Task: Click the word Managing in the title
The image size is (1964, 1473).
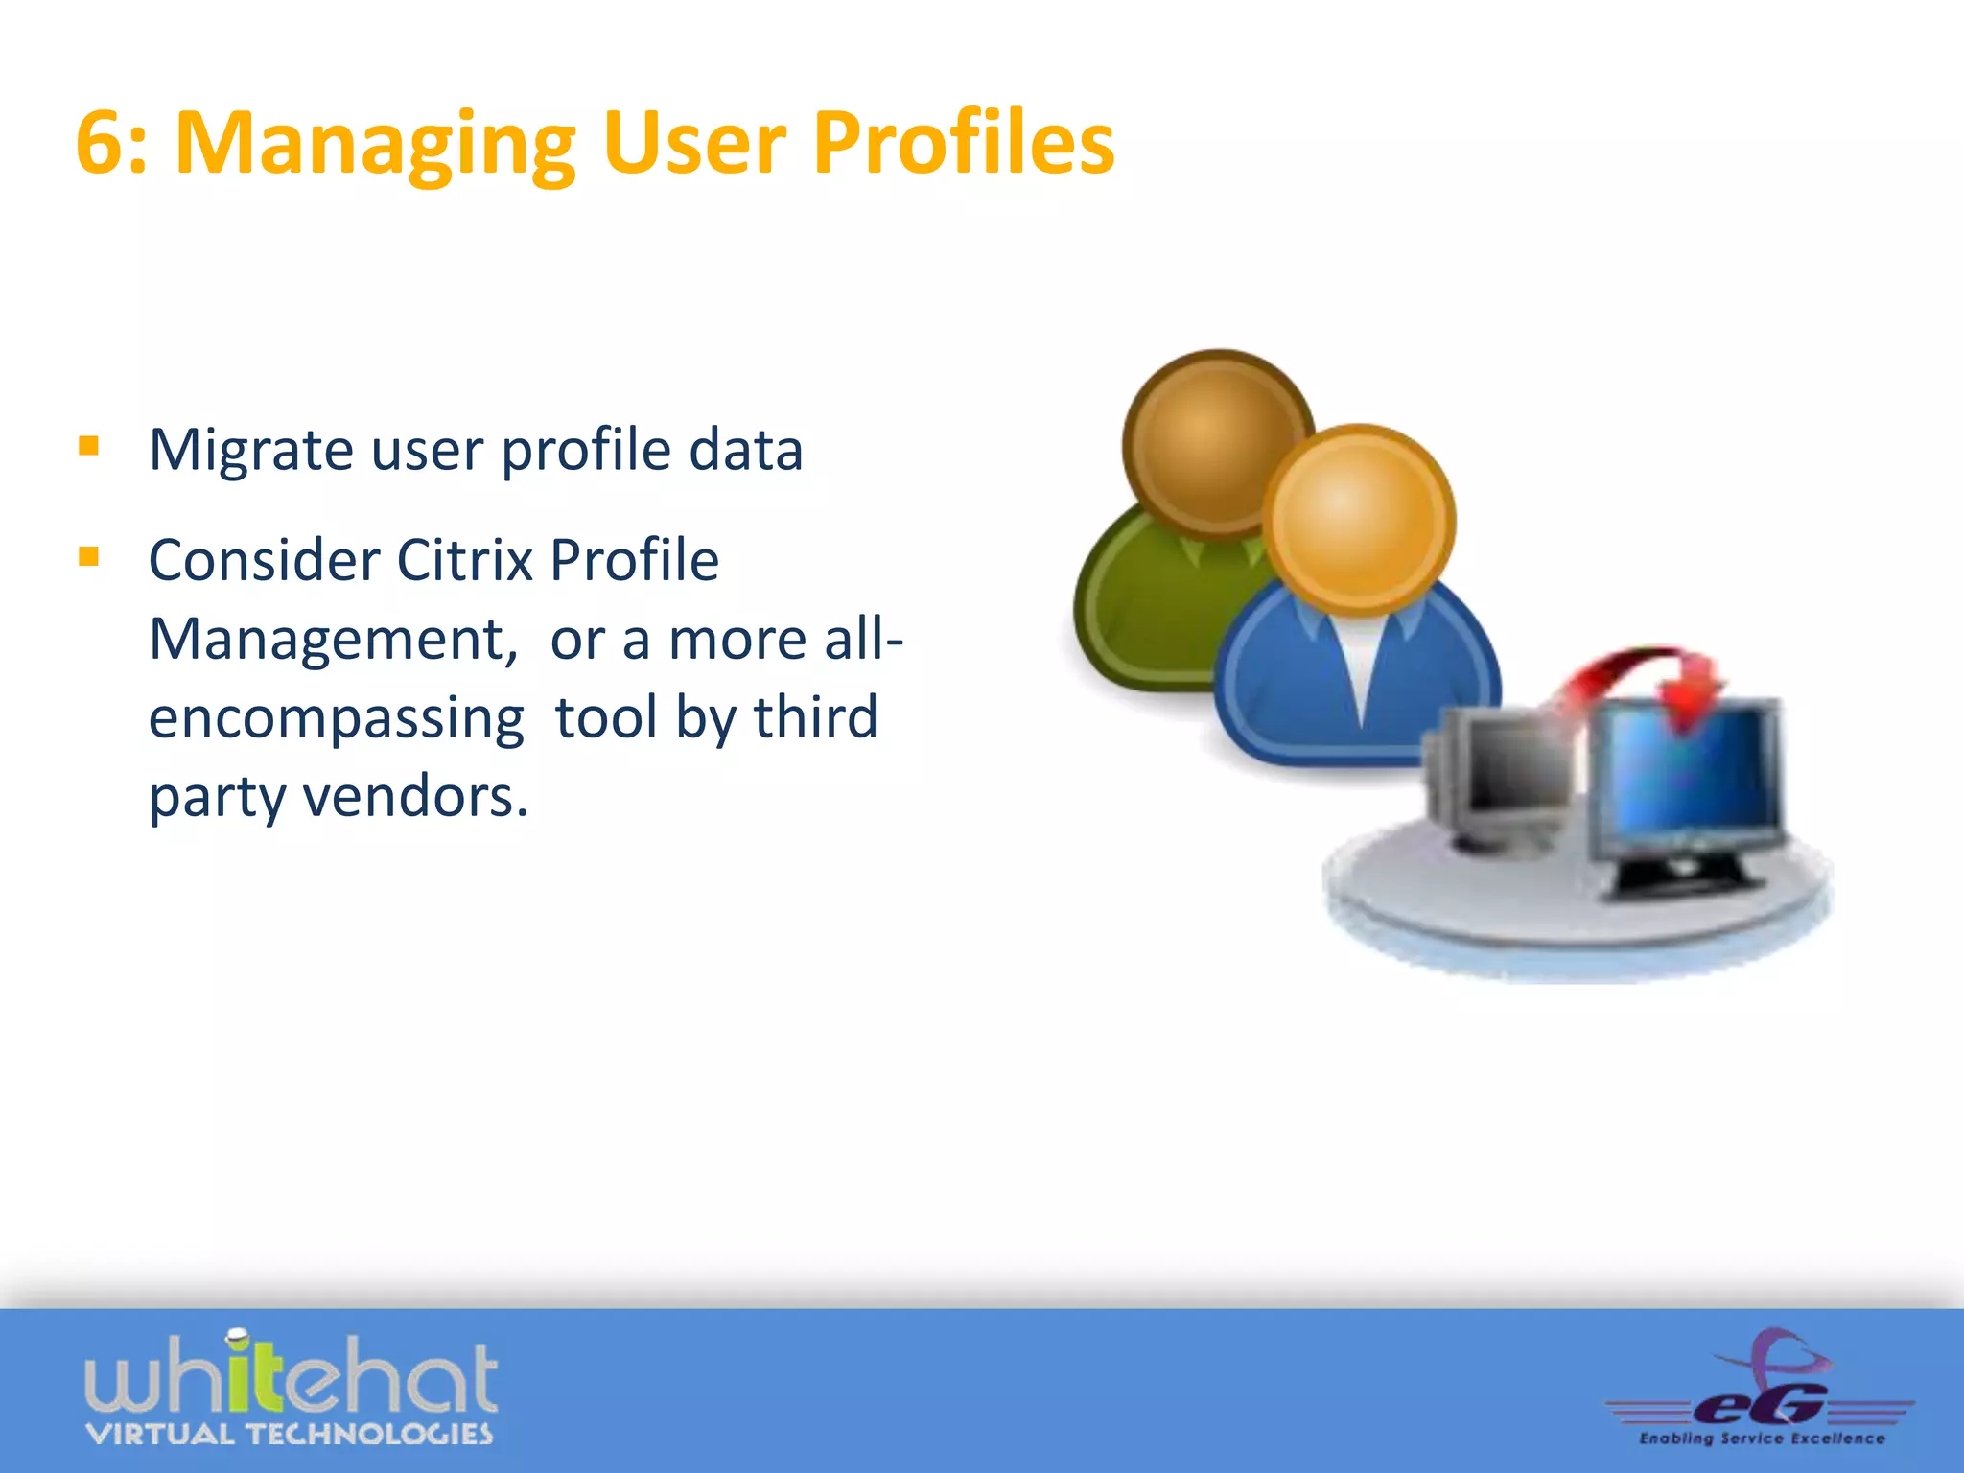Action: point(375,146)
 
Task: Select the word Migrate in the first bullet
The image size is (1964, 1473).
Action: point(251,451)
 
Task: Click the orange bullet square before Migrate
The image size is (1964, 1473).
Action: point(89,446)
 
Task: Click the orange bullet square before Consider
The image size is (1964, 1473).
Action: point(89,556)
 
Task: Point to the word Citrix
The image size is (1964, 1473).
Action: point(464,560)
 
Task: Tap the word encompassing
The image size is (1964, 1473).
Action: point(337,719)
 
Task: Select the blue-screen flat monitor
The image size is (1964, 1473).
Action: point(1688,777)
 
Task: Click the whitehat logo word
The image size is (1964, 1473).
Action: point(291,1377)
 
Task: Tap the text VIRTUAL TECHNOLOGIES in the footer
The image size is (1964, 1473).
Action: point(290,1435)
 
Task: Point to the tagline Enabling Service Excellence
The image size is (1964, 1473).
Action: point(1762,1438)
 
